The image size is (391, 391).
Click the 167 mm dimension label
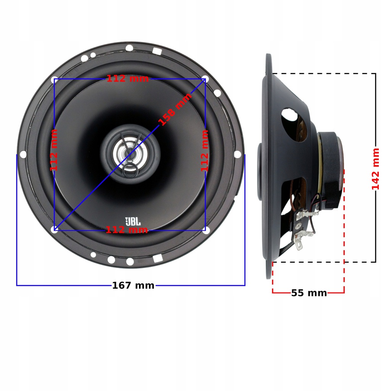click(133, 285)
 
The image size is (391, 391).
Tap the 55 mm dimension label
click(309, 293)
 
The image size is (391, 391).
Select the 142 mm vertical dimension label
click(376, 168)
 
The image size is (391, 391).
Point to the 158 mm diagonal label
click(175, 110)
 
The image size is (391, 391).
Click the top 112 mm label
click(128, 79)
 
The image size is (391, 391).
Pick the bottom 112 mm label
click(127, 230)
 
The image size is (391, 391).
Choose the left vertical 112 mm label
click(54, 150)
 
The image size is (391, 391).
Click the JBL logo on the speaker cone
click(133, 221)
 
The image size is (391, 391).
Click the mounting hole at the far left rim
click(23, 154)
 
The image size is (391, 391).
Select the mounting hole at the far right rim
click(237, 154)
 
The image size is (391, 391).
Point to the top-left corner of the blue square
click(54, 79)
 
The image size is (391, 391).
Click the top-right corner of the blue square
click(205, 79)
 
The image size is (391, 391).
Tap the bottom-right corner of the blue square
click(205, 230)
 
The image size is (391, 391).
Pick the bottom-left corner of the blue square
click(54, 230)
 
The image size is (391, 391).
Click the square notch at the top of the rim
click(157, 50)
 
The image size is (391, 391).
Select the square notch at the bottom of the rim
click(157, 259)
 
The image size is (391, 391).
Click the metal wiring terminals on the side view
click(304, 229)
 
